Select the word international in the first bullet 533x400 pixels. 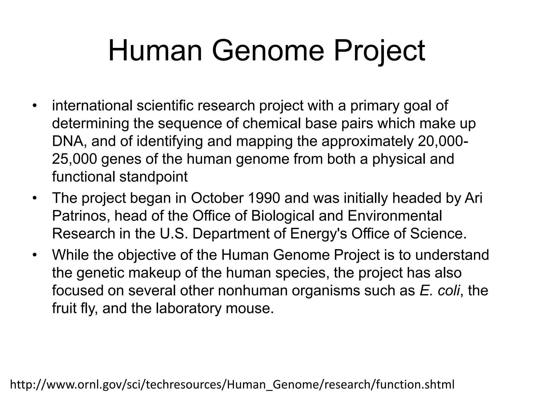pyautogui.click(x=92, y=106)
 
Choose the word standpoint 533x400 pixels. pyautogui.click(x=154, y=177)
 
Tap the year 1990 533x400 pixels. pyautogui.click(x=264, y=198)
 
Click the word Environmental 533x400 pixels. pyautogui.click(x=395, y=216)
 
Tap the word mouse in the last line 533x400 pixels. pyautogui.click(x=250, y=308)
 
